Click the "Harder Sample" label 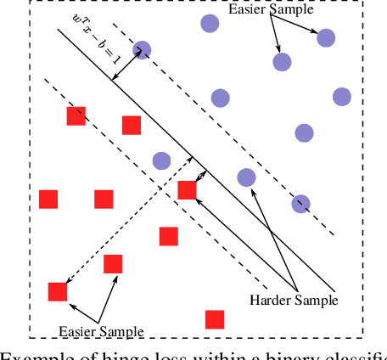(294, 300)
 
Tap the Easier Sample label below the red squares (100, 330)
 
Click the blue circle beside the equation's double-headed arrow (142, 51)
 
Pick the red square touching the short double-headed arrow (188, 190)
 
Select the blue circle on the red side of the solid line (161, 160)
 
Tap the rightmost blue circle (342, 96)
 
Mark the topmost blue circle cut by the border (208, 23)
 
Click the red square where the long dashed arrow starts (58, 292)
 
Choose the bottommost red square (215, 319)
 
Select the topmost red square (76, 116)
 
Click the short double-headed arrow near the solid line (201, 176)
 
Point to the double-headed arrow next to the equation (128, 66)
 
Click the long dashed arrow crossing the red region (127, 232)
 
